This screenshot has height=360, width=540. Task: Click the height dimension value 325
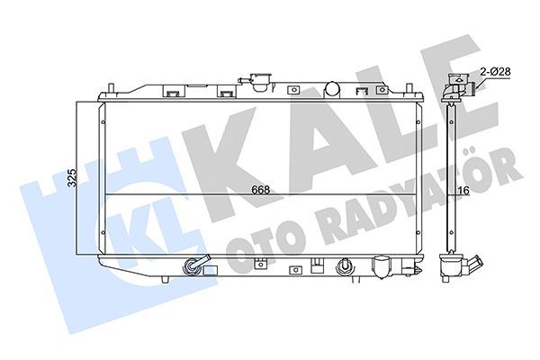tap(72, 178)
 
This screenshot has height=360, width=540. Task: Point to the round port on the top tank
tap(331, 88)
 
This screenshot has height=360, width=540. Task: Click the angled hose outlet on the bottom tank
tap(195, 266)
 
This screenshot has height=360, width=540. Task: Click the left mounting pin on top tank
tap(111, 88)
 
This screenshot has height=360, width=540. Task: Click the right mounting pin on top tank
tap(412, 88)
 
